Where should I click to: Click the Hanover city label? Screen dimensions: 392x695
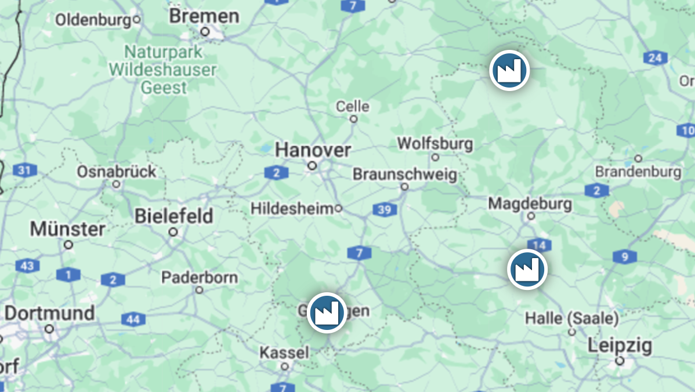[313, 150]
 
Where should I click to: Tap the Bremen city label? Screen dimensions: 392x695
[204, 16]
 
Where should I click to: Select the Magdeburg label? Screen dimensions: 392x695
[530, 204]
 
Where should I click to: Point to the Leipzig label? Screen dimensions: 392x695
[620, 346]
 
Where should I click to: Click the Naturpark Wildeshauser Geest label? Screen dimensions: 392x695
[163, 70]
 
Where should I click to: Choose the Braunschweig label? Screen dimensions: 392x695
[404, 174]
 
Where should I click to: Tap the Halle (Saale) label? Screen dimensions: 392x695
[571, 318]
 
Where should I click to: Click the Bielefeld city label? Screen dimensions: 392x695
[173, 216]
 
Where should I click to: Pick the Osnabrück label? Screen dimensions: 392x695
[117, 172]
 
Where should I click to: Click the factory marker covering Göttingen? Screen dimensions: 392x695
[327, 313]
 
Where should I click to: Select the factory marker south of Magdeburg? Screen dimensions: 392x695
[527, 269]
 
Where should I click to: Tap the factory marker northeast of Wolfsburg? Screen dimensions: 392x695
[509, 70]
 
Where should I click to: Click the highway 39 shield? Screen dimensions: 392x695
[385, 210]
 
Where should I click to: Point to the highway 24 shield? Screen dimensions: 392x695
[655, 58]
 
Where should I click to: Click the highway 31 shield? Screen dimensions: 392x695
[25, 170]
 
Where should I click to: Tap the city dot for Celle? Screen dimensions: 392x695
[353, 119]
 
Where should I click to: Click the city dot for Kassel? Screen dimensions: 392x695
[284, 366]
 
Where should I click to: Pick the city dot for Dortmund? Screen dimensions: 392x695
[49, 329]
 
